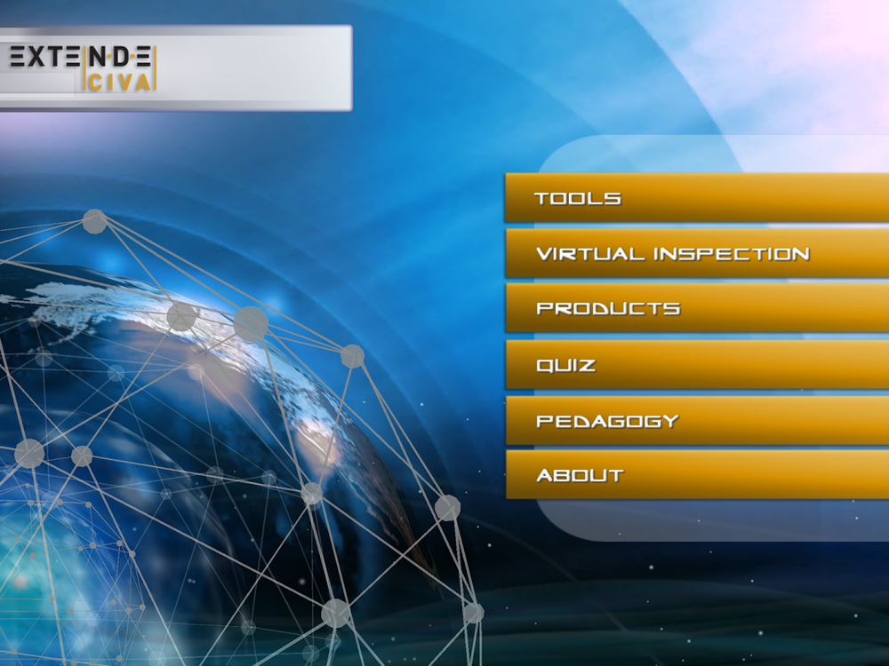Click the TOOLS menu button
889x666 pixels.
pyautogui.click(x=697, y=198)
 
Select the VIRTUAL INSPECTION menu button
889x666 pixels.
pyautogui.click(x=697, y=253)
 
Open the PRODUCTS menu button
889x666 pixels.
pyautogui.click(x=697, y=307)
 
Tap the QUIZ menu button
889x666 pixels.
pyautogui.click(x=697, y=364)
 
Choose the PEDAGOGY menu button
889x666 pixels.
pyautogui.click(x=697, y=420)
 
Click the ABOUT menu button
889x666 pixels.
pyautogui.click(x=697, y=474)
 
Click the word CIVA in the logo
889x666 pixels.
pyautogui.click(x=120, y=83)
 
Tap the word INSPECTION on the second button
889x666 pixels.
pyautogui.click(x=732, y=254)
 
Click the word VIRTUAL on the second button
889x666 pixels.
pyautogui.click(x=590, y=254)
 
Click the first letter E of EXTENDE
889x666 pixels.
pyautogui.click(x=17, y=57)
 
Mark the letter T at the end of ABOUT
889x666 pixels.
pyautogui.click(x=616, y=475)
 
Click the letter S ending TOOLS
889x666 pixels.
pyautogui.click(x=613, y=198)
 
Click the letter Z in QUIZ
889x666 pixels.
pyautogui.click(x=587, y=365)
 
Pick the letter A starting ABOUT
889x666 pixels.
pyautogui.click(x=545, y=475)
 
